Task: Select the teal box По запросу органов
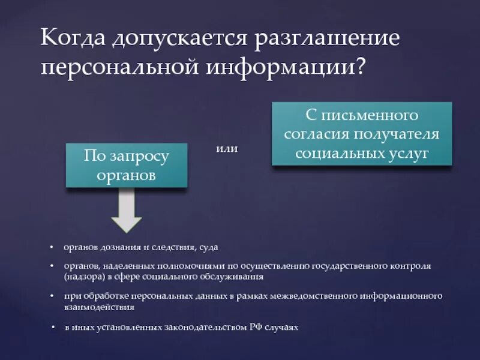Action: tap(127, 166)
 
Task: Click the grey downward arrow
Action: tap(127, 211)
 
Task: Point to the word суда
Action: tap(208, 247)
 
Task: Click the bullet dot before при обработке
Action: tap(52, 296)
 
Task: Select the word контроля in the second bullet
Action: tap(413, 265)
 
